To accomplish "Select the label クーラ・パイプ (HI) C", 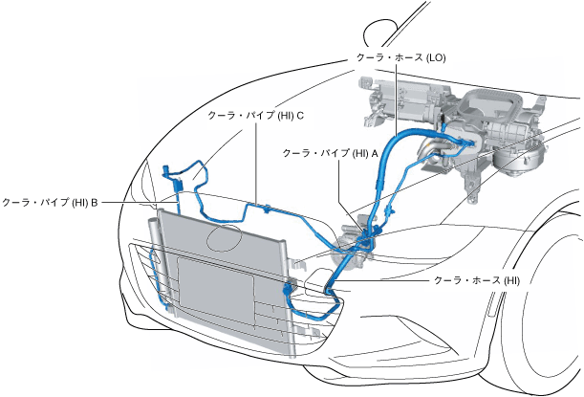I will pos(256,117).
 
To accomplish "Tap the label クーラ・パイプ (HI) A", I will pos(331,152).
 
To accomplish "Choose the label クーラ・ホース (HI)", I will pos(476,280).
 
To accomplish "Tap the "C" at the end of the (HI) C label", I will pos(300,117).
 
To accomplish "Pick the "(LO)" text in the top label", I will pos(435,57).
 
